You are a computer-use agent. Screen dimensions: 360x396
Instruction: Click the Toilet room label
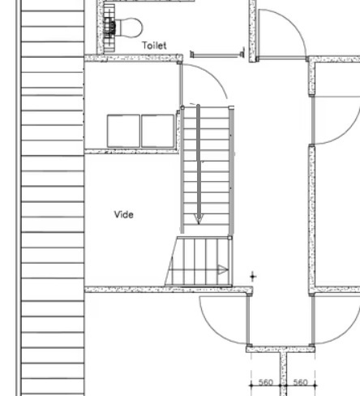pos(154,45)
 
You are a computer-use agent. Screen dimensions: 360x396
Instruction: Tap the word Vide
pos(124,214)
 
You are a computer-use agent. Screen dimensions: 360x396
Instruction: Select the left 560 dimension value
pos(266,382)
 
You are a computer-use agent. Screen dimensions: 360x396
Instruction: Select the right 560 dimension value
pos(300,382)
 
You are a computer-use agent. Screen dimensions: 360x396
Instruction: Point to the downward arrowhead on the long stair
pos(199,219)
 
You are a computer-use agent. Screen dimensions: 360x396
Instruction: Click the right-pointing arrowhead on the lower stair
pos(223,269)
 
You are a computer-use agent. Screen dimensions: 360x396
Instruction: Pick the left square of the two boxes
pos(123,131)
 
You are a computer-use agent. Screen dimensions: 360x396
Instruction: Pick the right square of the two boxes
pos(158,131)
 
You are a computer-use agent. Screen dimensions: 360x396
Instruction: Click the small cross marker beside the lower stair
pos(253,277)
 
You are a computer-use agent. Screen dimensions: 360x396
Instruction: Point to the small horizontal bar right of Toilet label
pos(217,54)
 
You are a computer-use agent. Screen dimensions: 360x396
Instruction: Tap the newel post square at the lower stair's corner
pos(229,238)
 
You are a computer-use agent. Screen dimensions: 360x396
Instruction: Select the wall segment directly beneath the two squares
pos(131,151)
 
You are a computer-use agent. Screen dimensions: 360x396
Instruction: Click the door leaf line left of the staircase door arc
pos(181,84)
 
